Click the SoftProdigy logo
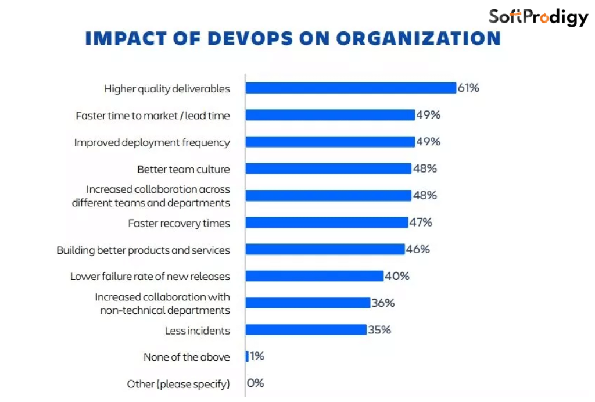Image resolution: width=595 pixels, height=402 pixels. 538,17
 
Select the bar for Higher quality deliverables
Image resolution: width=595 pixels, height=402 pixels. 350,88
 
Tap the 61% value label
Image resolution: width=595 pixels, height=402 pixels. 468,88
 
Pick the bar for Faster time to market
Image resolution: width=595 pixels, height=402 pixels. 330,115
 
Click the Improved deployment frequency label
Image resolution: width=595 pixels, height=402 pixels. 152,142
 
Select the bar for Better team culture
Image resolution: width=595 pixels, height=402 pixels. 328,169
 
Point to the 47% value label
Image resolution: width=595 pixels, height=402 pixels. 421,222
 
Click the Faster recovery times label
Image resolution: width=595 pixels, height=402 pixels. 179,223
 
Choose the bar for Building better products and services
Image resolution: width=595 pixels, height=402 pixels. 325,249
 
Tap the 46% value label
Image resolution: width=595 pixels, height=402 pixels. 418,249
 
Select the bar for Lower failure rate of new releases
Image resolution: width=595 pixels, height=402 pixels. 314,276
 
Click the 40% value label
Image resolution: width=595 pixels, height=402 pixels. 397,276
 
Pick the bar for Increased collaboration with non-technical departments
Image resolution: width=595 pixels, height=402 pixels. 307,303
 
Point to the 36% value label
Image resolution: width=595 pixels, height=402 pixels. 383,303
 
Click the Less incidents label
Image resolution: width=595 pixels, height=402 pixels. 198,331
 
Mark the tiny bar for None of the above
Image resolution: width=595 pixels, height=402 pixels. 247,357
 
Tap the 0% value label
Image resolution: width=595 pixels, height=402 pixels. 256,383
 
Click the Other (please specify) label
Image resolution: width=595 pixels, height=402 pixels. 178,384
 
